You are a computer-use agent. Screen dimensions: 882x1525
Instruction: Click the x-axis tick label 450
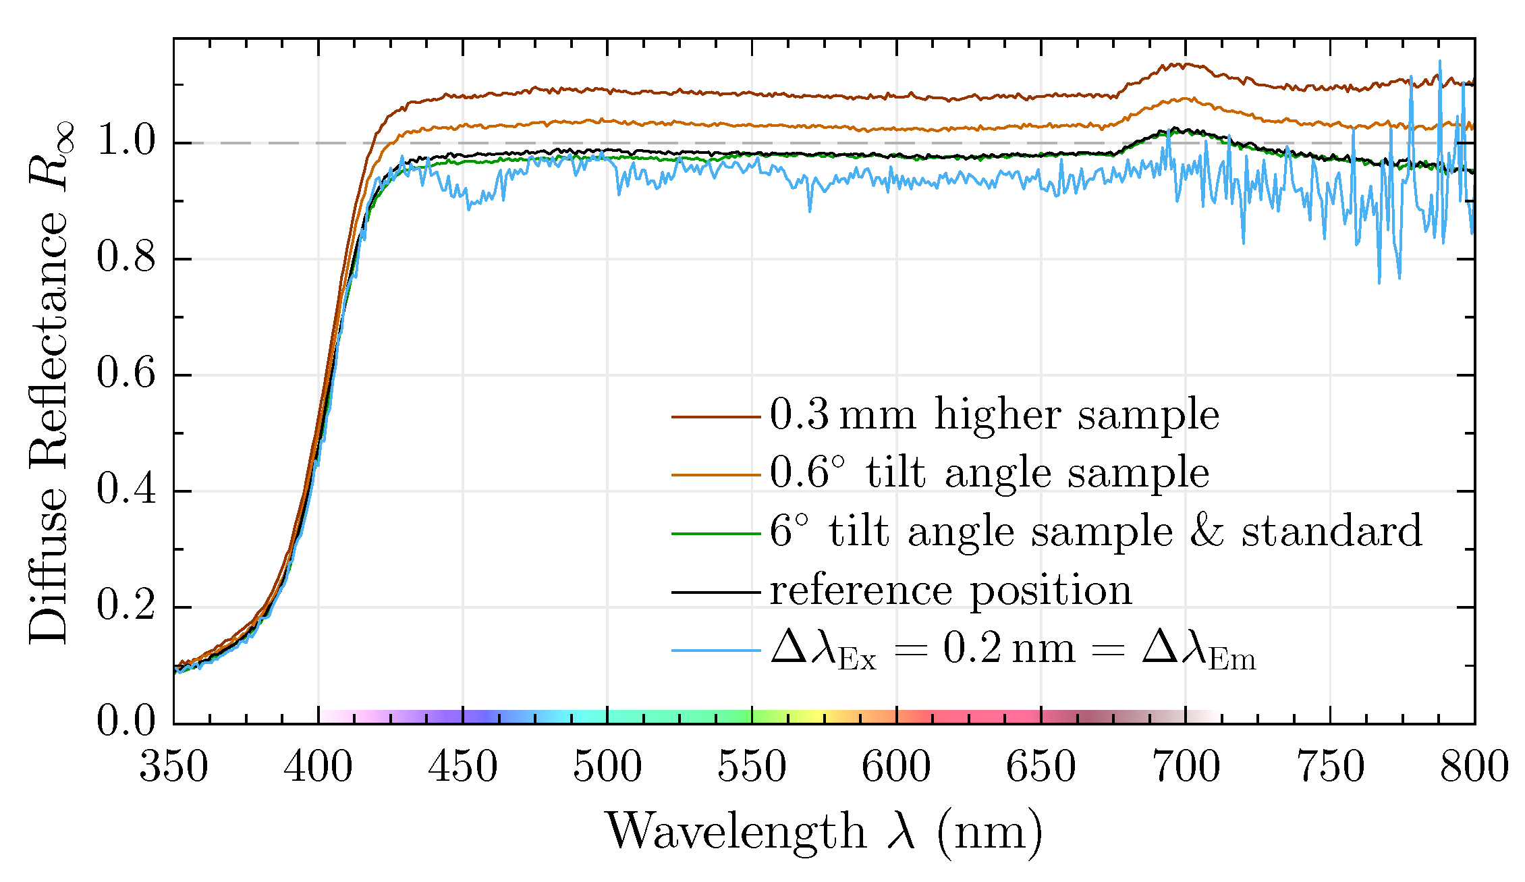[462, 767]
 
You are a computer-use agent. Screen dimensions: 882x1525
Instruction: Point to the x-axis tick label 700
[1186, 767]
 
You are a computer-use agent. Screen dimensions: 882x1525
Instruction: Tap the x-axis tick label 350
[173, 767]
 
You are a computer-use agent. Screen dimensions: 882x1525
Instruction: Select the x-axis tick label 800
[1474, 767]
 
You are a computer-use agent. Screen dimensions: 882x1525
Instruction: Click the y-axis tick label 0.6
[126, 373]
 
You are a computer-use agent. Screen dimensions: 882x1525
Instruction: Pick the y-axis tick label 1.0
[126, 142]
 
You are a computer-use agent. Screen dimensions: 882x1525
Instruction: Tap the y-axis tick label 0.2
[126, 605]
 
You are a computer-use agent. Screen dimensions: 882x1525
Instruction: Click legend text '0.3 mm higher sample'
[994, 415]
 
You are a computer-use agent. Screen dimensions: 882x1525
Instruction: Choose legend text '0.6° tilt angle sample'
[989, 473]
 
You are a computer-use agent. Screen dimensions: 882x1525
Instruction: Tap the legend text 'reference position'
[951, 591]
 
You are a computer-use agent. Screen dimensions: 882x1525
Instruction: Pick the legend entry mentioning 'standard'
[1096, 532]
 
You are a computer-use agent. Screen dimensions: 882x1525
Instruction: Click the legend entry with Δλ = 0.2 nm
[1012, 651]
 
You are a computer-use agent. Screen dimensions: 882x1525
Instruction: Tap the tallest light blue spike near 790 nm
[1439, 61]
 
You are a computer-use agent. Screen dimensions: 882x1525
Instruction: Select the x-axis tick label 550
[751, 767]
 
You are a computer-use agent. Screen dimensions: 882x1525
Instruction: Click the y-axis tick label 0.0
[126, 721]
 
